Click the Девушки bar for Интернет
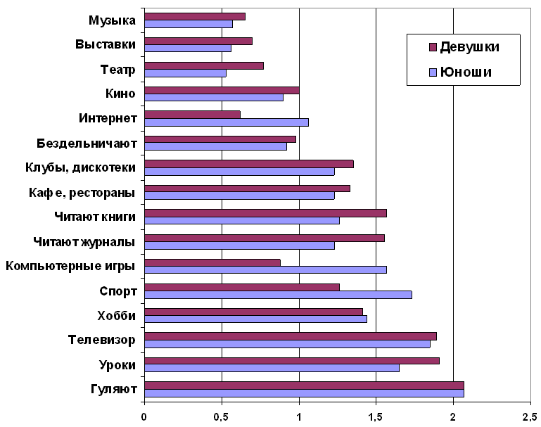pos(192,115)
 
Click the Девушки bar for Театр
pos(204,65)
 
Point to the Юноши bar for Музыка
pos(189,24)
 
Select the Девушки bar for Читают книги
pos(265,213)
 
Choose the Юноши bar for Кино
pos(214,97)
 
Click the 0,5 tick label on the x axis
pos(222,416)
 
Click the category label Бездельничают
pos(86,144)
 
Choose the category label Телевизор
pos(102,339)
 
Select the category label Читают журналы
pos(84,241)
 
